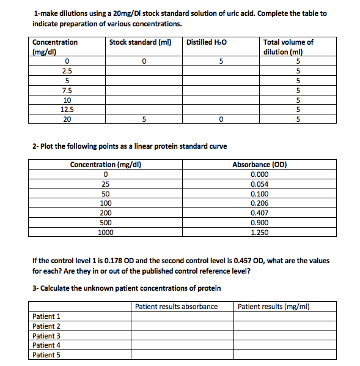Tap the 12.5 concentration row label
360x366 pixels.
pyautogui.click(x=67, y=110)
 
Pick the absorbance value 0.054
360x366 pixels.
pyautogui.click(x=260, y=184)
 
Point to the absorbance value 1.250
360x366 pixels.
pyautogui.click(x=260, y=233)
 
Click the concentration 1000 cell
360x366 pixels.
pyautogui.click(x=106, y=233)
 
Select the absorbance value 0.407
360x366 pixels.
pyautogui.click(x=260, y=213)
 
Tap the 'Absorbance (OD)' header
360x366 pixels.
pyautogui.click(x=260, y=165)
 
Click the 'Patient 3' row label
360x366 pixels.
pyautogui.click(x=46, y=335)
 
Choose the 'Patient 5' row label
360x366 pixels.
pyautogui.click(x=46, y=354)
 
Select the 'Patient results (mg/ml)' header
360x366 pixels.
pyautogui.click(x=274, y=306)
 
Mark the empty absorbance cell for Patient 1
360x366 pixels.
pyautogui.click(x=182, y=316)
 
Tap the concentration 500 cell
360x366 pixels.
pyautogui.click(x=106, y=223)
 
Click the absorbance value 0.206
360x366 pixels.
pyautogui.click(x=260, y=203)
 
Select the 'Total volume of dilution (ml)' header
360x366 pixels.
pyautogui.click(x=288, y=47)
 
